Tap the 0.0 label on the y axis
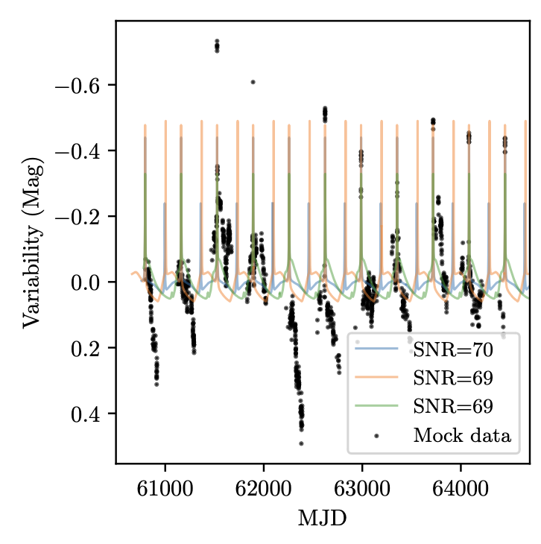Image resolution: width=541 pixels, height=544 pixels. point(86,282)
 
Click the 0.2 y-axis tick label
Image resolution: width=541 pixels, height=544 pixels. point(86,347)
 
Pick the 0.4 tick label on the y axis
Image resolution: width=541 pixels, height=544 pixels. point(86,413)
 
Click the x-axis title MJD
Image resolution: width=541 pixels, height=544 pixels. point(322,516)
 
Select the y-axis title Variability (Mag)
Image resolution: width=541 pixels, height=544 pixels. point(31,242)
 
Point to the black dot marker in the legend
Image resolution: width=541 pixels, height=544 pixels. point(379,435)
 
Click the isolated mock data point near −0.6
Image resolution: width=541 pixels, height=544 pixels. point(253,81)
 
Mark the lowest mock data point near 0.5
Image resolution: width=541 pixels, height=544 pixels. point(301,443)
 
